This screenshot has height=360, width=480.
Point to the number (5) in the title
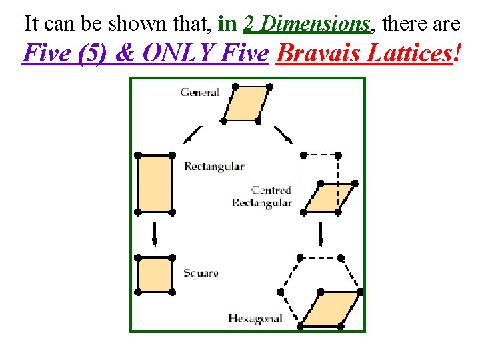coord(95,53)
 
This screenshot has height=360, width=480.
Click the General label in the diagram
coord(199,93)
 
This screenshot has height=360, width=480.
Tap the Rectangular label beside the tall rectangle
coord(214,166)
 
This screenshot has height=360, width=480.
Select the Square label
coord(201,273)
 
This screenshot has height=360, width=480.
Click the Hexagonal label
coord(255,318)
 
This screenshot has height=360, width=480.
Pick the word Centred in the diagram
coord(271,191)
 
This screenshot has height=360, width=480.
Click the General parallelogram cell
coord(246,103)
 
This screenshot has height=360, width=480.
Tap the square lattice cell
coord(155,275)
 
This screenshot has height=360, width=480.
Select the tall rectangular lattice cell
coord(155,183)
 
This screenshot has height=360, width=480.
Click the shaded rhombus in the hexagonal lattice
coord(331,309)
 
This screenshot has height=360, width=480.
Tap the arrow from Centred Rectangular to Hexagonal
coord(321,234)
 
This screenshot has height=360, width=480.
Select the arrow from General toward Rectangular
coord(192,135)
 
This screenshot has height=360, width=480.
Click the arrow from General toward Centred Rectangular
coord(284,135)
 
